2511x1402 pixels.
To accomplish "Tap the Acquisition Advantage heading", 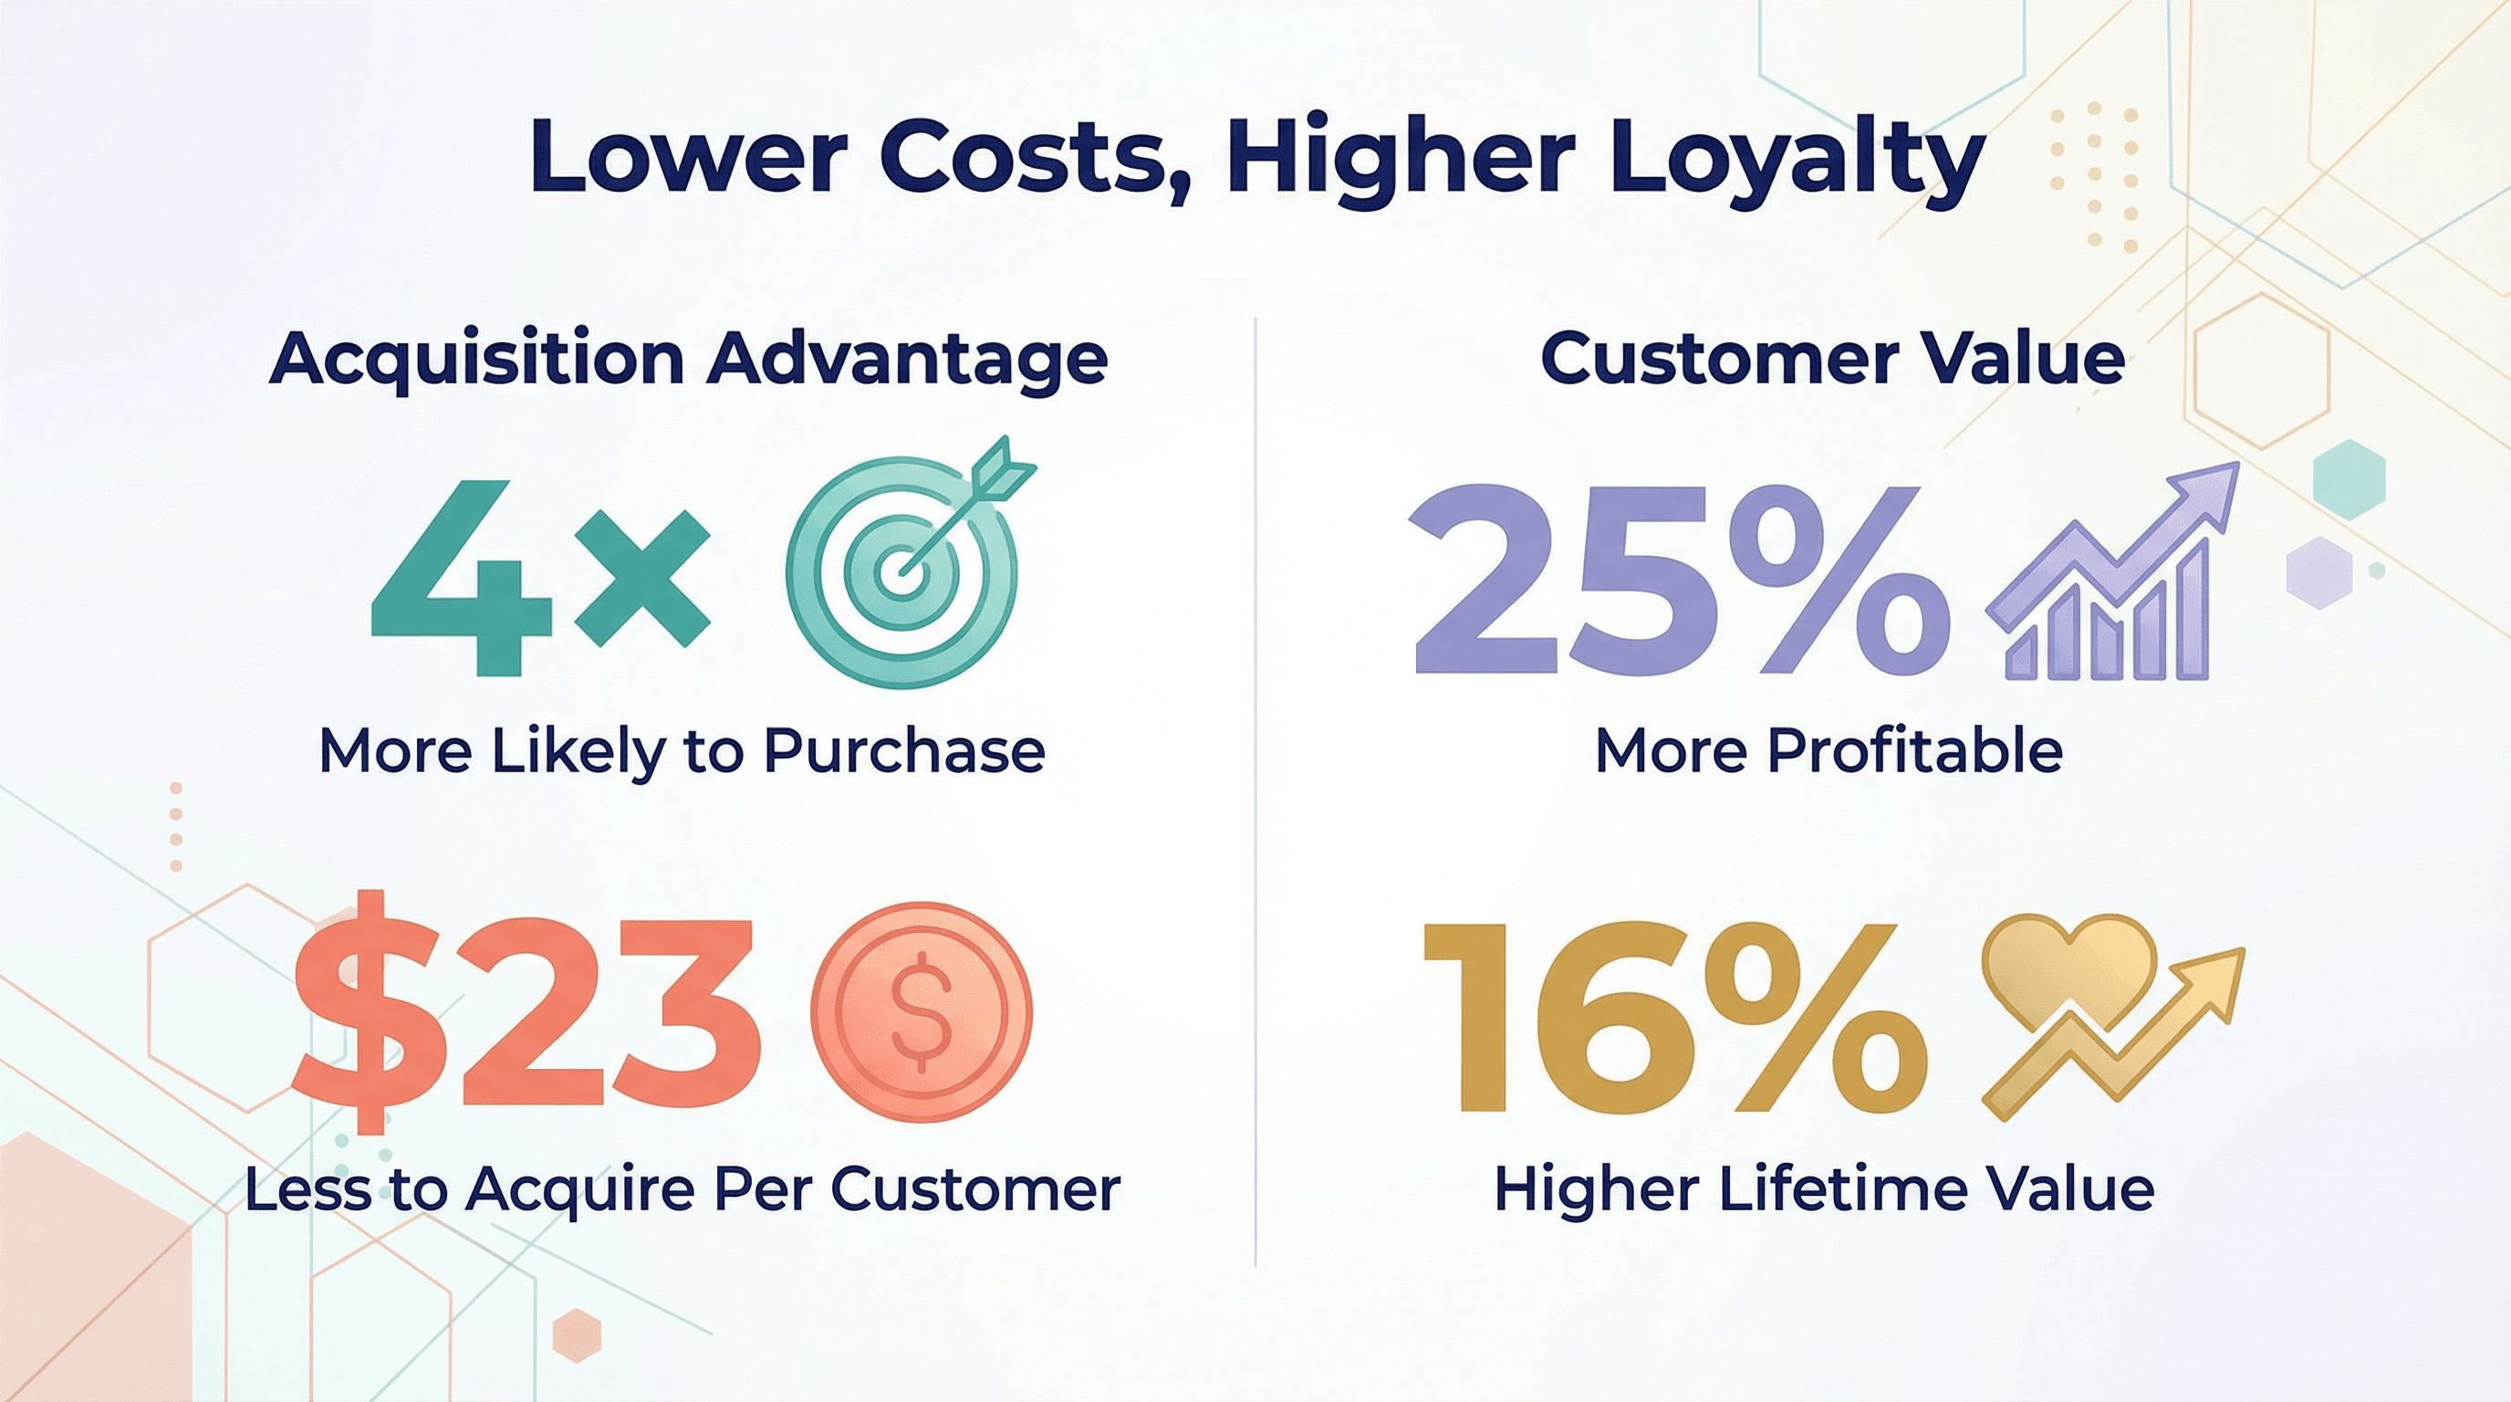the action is tap(688, 360).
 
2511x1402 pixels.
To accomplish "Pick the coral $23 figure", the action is tap(526, 1012).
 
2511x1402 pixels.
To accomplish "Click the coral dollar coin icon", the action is tap(922, 1012).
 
